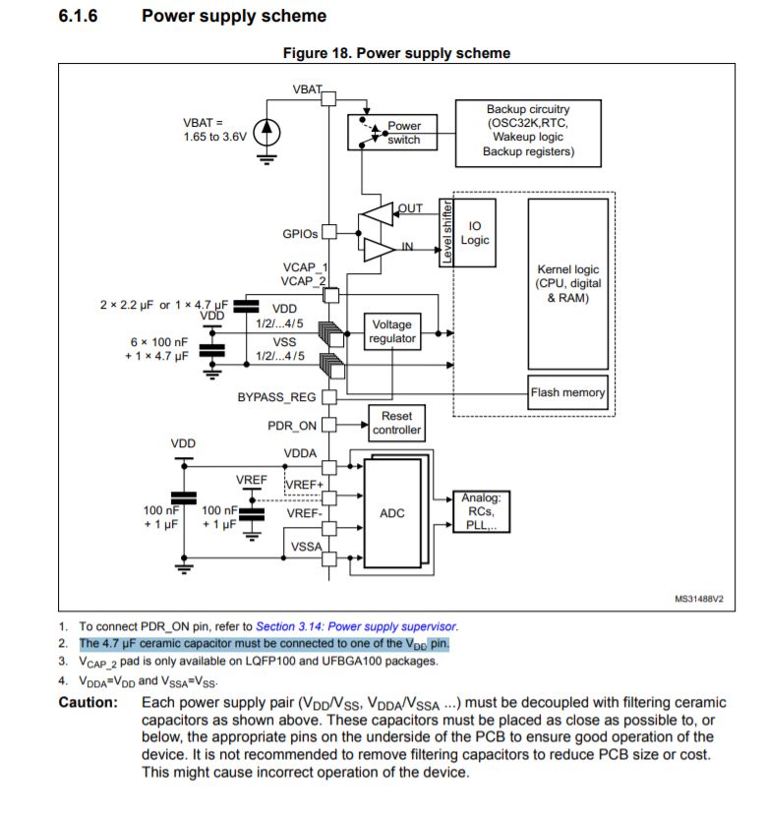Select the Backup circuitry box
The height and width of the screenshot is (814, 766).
(527, 130)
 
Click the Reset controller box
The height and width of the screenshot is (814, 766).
(397, 424)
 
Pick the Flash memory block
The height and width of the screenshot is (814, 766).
(568, 393)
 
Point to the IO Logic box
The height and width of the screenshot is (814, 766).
(475, 233)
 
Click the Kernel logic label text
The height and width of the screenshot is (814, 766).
(567, 283)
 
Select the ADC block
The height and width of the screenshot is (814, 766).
(391, 513)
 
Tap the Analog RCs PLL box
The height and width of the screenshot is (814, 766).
(481, 512)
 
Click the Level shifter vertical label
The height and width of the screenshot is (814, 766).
(445, 232)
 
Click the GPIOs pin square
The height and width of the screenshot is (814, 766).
(329, 233)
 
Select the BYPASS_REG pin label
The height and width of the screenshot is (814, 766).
(276, 397)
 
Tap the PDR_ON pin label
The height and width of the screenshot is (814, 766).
(292, 426)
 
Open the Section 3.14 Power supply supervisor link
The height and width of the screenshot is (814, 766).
(356, 625)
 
